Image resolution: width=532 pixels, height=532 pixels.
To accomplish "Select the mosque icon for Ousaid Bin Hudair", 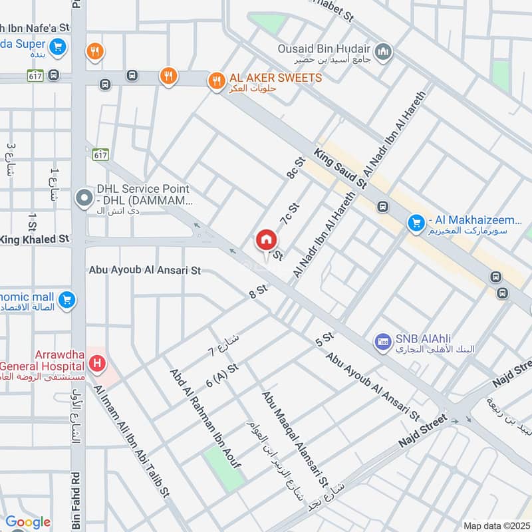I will coord(383,52).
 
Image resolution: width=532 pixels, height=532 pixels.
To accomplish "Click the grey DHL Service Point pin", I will coord(84,198).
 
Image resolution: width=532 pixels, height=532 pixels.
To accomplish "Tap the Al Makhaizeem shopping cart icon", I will coord(417,221).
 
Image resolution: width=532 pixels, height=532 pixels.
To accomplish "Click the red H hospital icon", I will coord(98,363).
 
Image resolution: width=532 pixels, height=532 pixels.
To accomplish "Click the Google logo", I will coord(28,522).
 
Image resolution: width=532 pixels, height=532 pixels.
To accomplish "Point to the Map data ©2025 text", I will coord(494,525).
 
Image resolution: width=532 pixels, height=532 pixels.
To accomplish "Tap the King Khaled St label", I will coord(35,239).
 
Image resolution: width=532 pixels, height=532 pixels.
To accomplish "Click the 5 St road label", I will coord(324,338).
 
